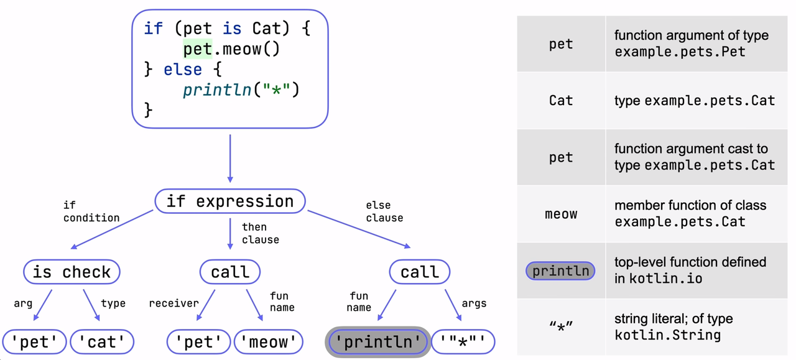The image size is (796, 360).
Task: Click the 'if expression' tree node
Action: click(x=230, y=201)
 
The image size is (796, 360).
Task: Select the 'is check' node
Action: click(x=72, y=272)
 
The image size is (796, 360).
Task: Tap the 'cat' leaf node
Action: click(x=102, y=342)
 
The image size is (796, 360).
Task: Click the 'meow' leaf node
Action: click(x=269, y=342)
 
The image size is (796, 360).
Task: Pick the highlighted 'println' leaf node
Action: click(x=378, y=342)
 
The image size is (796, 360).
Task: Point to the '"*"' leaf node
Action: click(x=463, y=342)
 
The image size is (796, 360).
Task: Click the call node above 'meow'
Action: click(x=230, y=272)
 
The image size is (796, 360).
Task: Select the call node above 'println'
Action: click(x=420, y=272)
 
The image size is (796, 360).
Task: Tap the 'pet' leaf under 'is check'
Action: click(x=34, y=342)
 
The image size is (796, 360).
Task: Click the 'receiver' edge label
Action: click(x=174, y=303)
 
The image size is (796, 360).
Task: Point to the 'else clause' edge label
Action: click(x=384, y=211)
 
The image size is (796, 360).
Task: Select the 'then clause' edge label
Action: click(x=261, y=234)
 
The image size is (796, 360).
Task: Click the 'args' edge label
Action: click(x=474, y=303)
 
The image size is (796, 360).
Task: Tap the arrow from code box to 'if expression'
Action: click(x=230, y=159)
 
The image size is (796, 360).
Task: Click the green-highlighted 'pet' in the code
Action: click(x=198, y=49)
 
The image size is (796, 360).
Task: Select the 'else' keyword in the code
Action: click(x=183, y=69)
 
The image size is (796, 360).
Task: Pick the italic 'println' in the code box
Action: click(x=217, y=90)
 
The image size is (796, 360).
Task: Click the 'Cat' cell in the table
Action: click(x=561, y=100)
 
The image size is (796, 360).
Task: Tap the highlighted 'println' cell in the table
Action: click(x=560, y=271)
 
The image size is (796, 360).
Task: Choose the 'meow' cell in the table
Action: click(x=561, y=214)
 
